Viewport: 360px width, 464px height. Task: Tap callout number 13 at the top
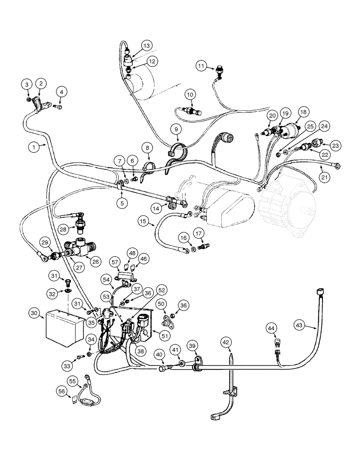pos(146,46)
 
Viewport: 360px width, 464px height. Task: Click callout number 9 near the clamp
pos(176,128)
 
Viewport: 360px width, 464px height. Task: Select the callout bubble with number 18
pos(303,112)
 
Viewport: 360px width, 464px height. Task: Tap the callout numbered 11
pos(200,66)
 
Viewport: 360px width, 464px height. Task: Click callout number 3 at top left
pos(27,84)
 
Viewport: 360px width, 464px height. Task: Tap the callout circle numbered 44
pos(271,329)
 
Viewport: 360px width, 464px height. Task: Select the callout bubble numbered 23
pos(336,145)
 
